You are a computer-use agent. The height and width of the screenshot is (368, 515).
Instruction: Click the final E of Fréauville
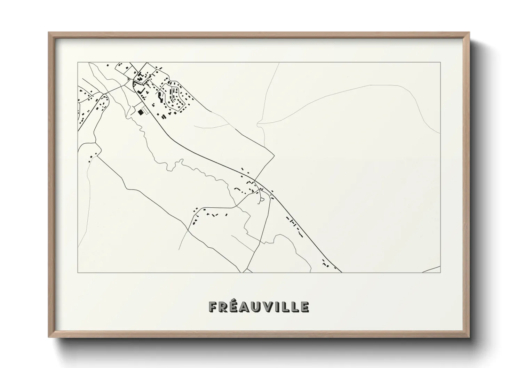click(x=304, y=307)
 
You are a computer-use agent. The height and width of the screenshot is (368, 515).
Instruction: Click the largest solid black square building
click(x=140, y=112)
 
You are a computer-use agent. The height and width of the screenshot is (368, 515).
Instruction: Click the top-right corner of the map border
click(x=440, y=62)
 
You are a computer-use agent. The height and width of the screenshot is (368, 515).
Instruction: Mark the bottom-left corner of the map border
click(x=78, y=272)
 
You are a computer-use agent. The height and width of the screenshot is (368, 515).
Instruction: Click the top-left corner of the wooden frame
click(x=48, y=32)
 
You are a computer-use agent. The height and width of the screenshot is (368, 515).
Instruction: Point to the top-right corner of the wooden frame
click(x=469, y=32)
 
